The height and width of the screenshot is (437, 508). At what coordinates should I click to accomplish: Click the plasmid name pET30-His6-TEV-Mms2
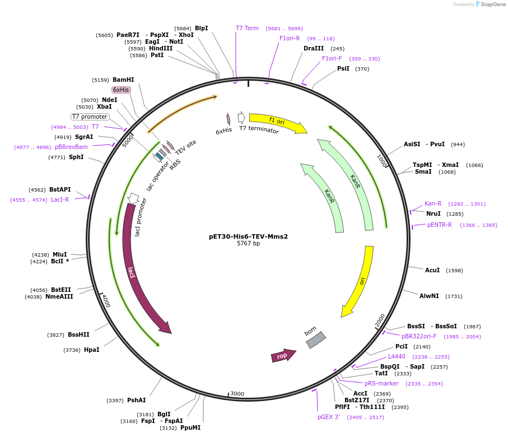pyautogui.click(x=248, y=236)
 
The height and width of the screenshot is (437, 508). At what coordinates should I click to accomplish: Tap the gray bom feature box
pyautogui.click(x=316, y=340)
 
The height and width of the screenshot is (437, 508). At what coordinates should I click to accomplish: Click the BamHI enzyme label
pyautogui.click(x=123, y=80)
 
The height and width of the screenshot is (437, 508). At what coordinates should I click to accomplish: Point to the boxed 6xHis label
pyautogui.click(x=121, y=90)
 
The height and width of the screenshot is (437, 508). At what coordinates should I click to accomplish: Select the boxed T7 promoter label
pyautogui.click(x=90, y=117)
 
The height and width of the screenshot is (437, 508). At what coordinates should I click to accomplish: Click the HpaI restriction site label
pyautogui.click(x=91, y=350)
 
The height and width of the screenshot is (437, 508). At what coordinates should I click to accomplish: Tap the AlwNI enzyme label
pyautogui.click(x=430, y=296)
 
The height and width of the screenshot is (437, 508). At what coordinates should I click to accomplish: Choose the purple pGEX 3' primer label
pyautogui.click(x=329, y=417)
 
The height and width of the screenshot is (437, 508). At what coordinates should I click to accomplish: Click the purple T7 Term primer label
pyautogui.click(x=247, y=28)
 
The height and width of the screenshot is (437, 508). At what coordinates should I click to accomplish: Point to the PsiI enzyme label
pyautogui.click(x=343, y=68)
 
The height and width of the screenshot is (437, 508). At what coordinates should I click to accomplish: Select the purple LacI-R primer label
pyautogui.click(x=60, y=199)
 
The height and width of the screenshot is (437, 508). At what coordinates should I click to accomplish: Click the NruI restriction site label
pyautogui.click(x=433, y=213)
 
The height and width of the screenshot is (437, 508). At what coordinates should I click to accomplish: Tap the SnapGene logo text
pyautogui.click(x=491, y=4)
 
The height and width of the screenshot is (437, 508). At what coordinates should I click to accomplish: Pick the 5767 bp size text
pyautogui.click(x=248, y=244)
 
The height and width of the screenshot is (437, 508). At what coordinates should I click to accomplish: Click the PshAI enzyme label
pyautogui.click(x=136, y=400)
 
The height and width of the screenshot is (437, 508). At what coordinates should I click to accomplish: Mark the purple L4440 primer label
pyautogui.click(x=397, y=356)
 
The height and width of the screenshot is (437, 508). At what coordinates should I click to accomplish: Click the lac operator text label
pyautogui.click(x=158, y=176)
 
